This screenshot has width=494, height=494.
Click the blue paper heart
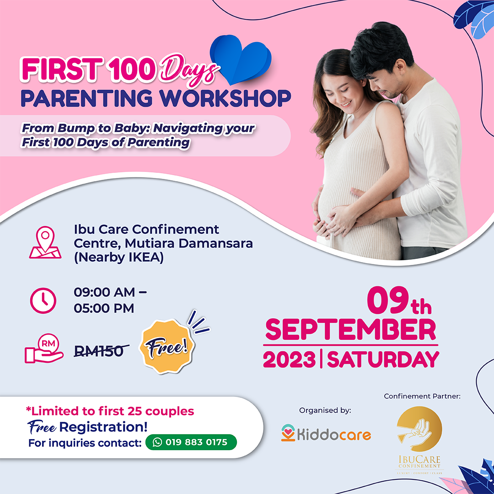pos(241,59)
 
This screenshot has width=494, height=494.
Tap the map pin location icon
pos(45,242)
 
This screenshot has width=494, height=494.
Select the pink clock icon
pos(43,300)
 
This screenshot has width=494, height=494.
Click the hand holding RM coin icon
pos(44,349)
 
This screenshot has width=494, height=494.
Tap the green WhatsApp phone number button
pos(191,442)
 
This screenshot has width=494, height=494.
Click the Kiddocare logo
pos(326,433)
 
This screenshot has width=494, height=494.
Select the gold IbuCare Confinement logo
pos(419,440)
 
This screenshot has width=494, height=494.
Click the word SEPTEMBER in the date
pos(351,330)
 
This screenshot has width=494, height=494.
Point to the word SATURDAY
pos(383,360)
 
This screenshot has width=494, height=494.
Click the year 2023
pos(289,360)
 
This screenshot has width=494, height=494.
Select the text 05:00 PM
pos(104,308)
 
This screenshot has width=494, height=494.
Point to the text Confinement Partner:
pos(422,396)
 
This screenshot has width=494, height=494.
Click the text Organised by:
pos(325,410)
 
